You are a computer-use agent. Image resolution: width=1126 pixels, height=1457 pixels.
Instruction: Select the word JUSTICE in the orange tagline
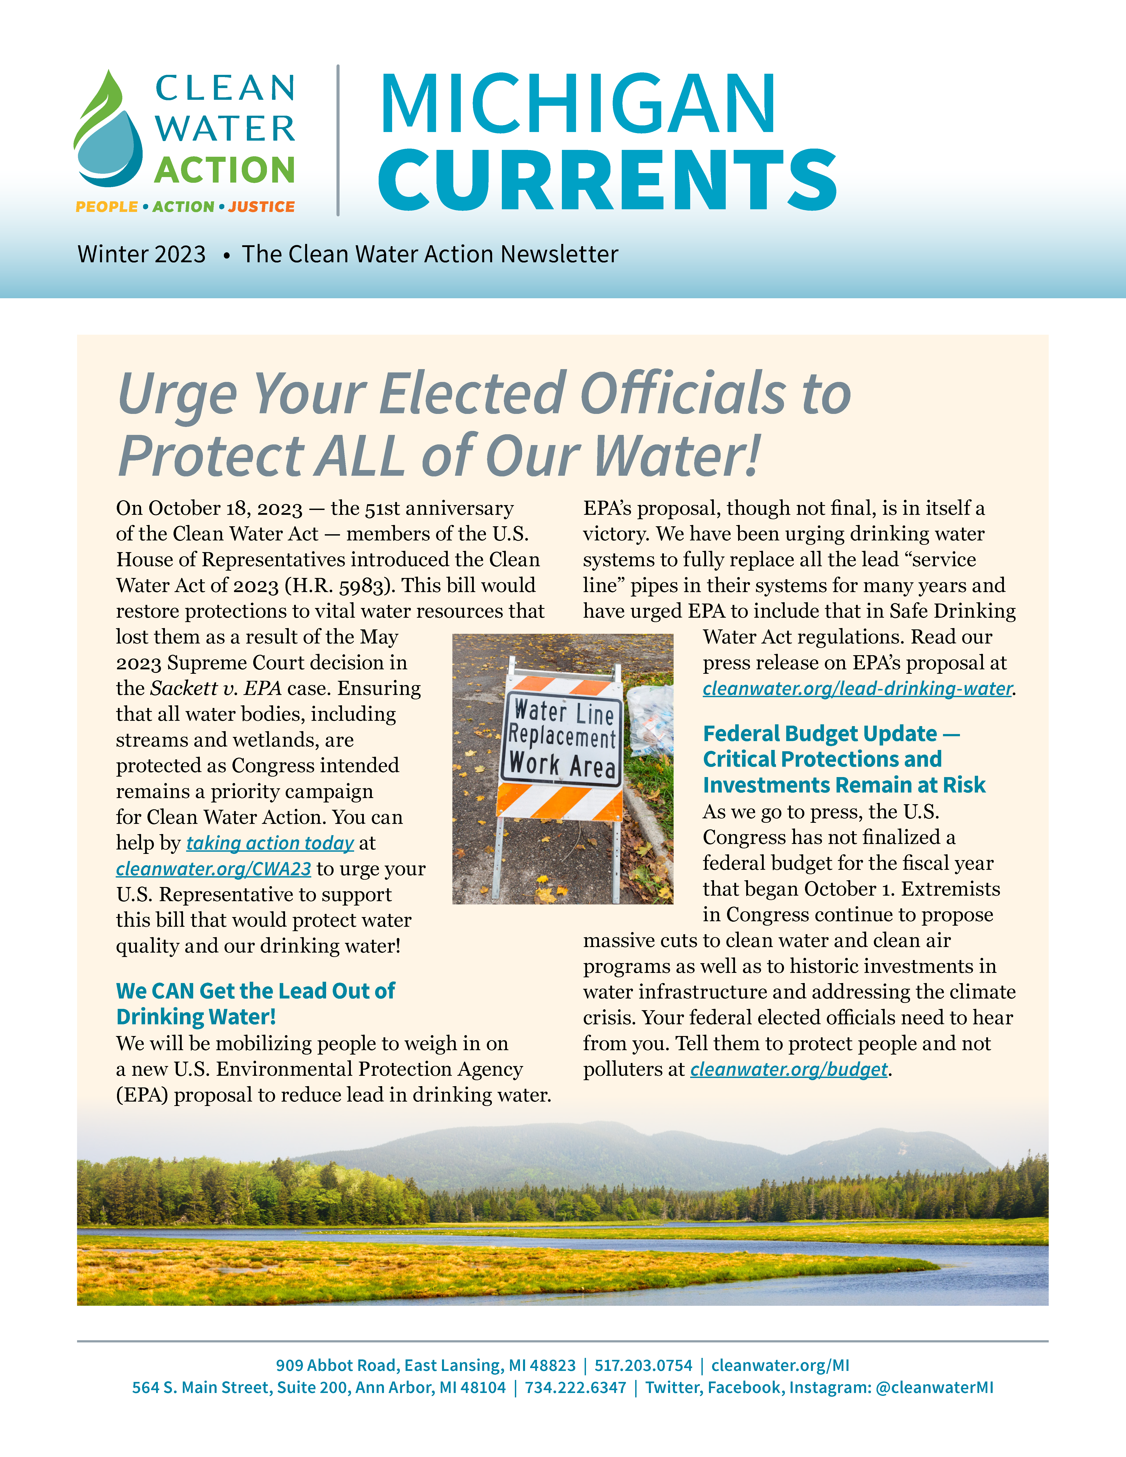261,207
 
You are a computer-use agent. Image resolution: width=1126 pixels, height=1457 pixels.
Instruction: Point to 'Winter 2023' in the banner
142,254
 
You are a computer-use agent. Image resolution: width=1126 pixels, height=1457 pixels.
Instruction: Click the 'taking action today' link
270,843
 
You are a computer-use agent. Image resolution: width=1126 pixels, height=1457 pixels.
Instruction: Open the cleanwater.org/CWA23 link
213,869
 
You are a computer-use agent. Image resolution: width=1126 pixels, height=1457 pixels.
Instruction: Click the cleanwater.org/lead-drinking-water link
857,689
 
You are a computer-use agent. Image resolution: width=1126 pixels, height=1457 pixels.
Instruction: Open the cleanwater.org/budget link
788,1069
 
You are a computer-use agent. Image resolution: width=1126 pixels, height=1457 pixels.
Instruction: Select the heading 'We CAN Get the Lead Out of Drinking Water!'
255,1003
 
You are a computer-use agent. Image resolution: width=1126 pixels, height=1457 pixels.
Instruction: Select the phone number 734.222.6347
575,1388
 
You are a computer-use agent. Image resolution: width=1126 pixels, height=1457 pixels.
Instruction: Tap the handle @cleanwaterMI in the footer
934,1388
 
